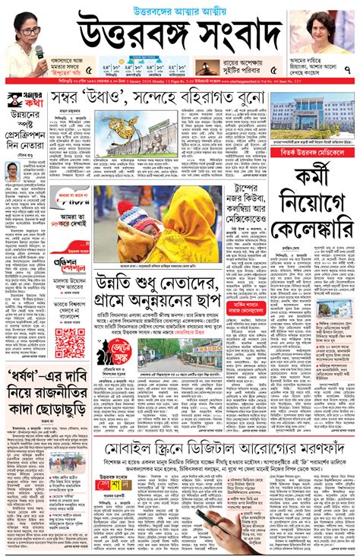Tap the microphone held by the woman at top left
pos(39,51)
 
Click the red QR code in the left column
pos(70,343)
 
